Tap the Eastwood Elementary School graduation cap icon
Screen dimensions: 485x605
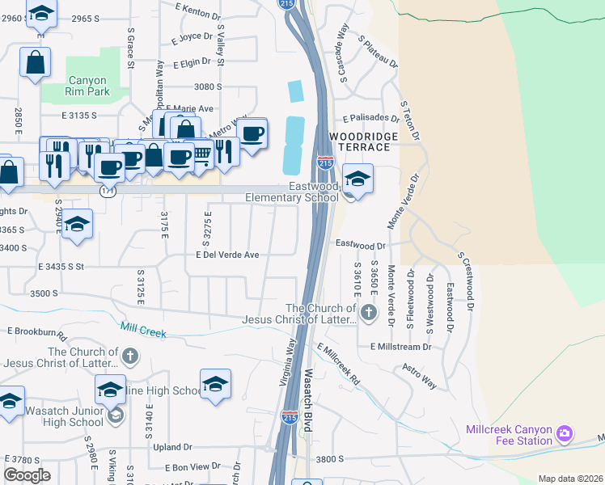click(357, 179)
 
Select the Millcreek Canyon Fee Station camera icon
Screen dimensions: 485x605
click(565, 435)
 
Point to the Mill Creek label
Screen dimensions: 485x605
click(142, 330)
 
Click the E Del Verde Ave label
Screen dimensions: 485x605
click(227, 255)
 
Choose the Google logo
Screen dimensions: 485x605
click(27, 475)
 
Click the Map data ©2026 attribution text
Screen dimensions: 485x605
click(570, 479)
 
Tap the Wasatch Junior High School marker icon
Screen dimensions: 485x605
click(116, 415)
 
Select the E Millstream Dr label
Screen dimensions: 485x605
click(401, 346)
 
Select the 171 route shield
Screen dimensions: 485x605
click(108, 192)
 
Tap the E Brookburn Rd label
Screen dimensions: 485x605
click(36, 331)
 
